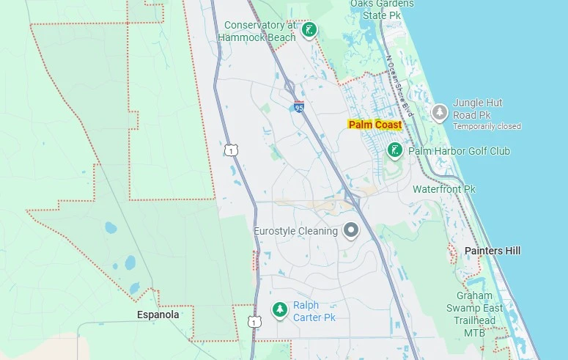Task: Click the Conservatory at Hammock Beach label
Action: [259, 31]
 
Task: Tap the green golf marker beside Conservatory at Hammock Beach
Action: [309, 30]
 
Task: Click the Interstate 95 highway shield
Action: [299, 106]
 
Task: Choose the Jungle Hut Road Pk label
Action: [477, 109]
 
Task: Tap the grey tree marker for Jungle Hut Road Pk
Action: [440, 112]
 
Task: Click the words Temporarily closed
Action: [487, 126]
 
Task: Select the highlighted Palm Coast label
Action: [375, 125]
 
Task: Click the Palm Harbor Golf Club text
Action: [459, 151]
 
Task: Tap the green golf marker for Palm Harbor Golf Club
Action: [395, 150]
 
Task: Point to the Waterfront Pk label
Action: [444, 189]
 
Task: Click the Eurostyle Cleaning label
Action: [295, 231]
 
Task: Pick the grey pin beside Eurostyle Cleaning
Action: [352, 231]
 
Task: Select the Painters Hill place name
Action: [493, 251]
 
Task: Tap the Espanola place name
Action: [158, 315]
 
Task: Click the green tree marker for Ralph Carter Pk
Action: [279, 310]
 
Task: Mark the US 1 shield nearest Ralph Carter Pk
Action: [254, 322]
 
